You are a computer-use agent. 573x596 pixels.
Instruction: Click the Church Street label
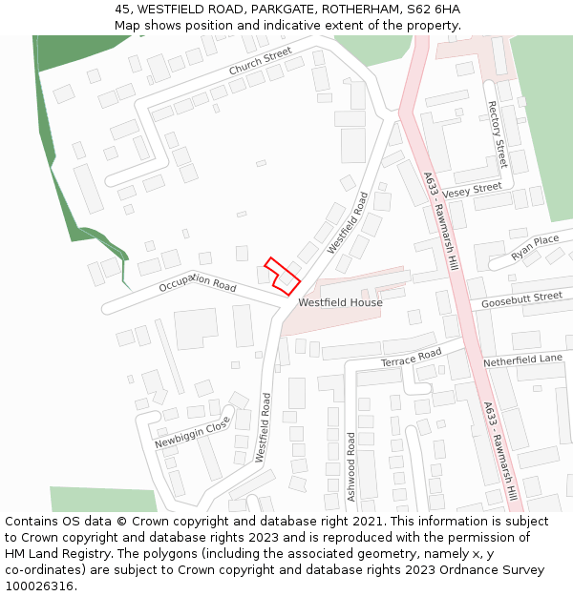260,62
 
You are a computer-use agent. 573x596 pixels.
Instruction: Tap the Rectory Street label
498,134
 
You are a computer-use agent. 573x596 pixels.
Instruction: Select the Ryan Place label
534,247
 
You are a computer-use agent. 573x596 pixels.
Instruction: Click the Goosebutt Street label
521,298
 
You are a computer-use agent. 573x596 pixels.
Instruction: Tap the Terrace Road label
411,359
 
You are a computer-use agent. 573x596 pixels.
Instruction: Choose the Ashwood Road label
351,466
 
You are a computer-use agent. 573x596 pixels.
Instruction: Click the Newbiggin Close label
193,432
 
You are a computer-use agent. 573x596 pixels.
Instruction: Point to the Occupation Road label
198,282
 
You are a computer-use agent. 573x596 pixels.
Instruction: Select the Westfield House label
340,303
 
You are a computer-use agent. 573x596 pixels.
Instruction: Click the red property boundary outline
282,275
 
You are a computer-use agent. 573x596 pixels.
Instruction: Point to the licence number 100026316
39,586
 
